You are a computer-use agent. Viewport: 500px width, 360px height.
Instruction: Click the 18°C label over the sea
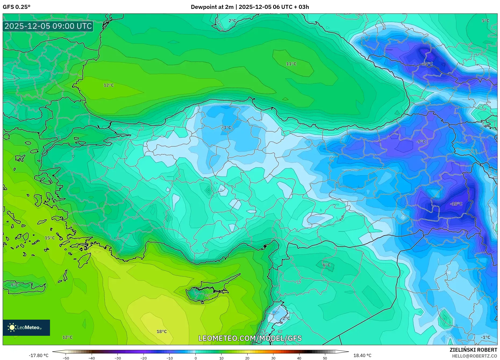point(162,331)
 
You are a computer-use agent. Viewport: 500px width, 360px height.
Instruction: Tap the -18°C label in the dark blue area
point(456,204)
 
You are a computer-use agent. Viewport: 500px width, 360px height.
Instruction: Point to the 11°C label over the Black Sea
point(291,64)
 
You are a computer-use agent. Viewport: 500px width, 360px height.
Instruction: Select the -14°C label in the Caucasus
point(427,64)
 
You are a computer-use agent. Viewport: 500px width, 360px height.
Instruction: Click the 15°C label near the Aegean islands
point(50,238)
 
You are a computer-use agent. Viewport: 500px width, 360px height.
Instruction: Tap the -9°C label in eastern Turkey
point(421,142)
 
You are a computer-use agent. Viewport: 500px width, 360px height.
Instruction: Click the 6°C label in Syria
point(326,265)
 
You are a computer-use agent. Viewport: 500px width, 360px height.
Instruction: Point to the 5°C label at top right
point(485,21)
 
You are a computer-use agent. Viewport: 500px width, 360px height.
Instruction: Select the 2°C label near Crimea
point(232,21)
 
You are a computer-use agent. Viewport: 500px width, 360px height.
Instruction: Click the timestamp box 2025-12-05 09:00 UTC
point(48,26)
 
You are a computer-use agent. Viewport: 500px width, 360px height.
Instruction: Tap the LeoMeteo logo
point(26,327)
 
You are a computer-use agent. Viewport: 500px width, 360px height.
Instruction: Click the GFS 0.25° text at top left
point(17,7)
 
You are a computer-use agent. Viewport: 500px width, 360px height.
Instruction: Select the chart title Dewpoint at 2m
point(212,7)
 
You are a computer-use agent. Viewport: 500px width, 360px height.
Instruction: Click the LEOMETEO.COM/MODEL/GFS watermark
point(250,338)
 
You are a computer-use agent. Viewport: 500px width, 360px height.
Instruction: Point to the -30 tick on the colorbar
point(118,358)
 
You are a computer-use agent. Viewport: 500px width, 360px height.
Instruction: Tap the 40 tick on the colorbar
point(299,358)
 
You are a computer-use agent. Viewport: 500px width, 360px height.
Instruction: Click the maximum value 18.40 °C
point(362,355)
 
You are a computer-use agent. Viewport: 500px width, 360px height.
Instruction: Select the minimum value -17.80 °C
point(39,355)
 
